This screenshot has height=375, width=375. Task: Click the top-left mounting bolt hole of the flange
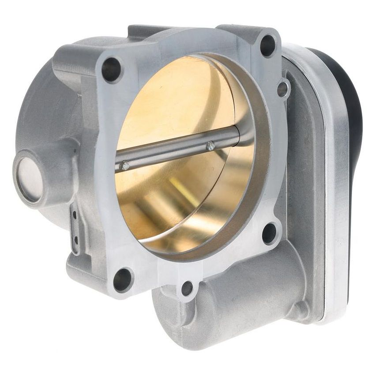click(112, 70)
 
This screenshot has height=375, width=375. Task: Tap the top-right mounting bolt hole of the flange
click(268, 45)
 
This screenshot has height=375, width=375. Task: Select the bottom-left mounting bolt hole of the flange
click(122, 279)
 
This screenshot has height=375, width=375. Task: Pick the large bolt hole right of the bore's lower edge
click(269, 233)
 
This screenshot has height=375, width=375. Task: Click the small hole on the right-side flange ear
click(283, 89)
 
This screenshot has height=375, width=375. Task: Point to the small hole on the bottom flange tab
click(187, 289)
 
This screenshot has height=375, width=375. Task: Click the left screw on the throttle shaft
click(125, 165)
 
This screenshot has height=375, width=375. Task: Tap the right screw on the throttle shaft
click(210, 146)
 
